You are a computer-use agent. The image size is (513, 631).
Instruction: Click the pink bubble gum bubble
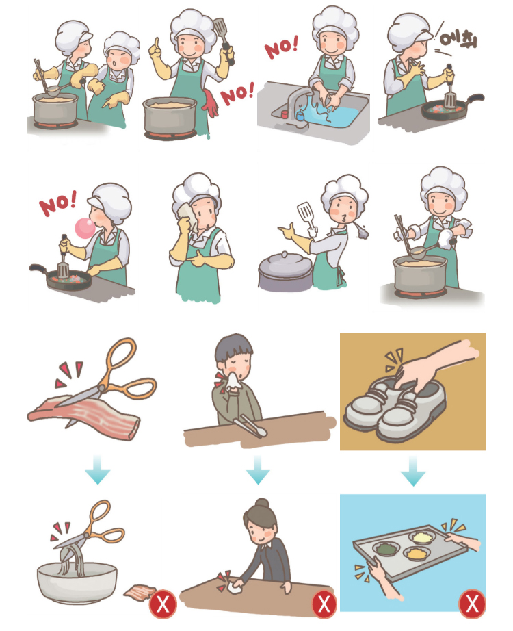(x=82, y=227)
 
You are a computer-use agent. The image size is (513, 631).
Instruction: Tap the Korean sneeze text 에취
(x=458, y=38)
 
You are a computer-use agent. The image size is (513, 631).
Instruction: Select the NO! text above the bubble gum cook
(x=57, y=204)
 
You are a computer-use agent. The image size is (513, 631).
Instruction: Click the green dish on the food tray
(x=388, y=549)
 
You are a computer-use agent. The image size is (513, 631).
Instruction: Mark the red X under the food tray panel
(x=472, y=604)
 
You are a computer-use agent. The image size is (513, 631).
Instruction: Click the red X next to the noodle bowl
(x=163, y=604)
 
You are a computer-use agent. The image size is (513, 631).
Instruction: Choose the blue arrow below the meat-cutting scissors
(x=98, y=471)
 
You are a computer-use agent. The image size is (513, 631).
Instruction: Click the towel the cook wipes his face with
(x=184, y=216)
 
